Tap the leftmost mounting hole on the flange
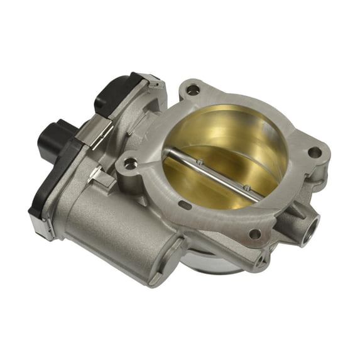130,164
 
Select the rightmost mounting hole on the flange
312,152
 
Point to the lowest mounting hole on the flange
254,233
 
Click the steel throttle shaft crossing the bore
214,173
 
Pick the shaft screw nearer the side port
247,187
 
